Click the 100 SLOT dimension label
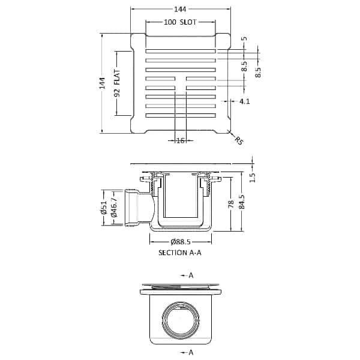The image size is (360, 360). (x=181, y=22)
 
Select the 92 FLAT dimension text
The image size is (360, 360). (x=118, y=84)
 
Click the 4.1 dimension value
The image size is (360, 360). (x=244, y=102)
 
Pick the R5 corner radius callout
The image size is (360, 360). (x=238, y=142)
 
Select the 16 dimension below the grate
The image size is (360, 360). (x=180, y=140)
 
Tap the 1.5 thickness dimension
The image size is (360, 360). (x=252, y=177)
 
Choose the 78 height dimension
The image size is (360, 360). (x=230, y=205)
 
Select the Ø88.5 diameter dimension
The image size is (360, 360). (x=181, y=242)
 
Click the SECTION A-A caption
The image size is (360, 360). (x=180, y=253)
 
